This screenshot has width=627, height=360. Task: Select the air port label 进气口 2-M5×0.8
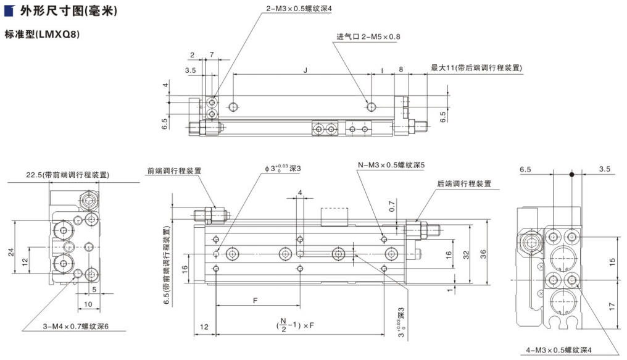(368, 37)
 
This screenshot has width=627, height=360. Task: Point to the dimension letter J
(305, 71)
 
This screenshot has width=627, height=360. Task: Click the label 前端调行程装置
(175, 171)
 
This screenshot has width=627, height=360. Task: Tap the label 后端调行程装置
(464, 183)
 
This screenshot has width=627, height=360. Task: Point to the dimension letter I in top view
(382, 71)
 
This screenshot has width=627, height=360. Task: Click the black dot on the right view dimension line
(571, 175)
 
